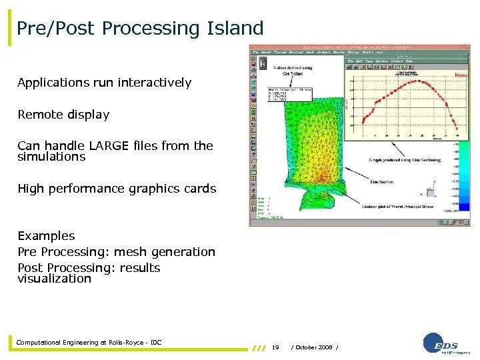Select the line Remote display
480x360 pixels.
63,115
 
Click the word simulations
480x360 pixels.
51,157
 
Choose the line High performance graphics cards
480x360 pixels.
117,189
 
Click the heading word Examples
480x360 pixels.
46,236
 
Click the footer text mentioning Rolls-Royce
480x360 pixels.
89,343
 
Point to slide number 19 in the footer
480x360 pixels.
275,347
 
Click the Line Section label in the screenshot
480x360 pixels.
381,181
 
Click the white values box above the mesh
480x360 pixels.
287,94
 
